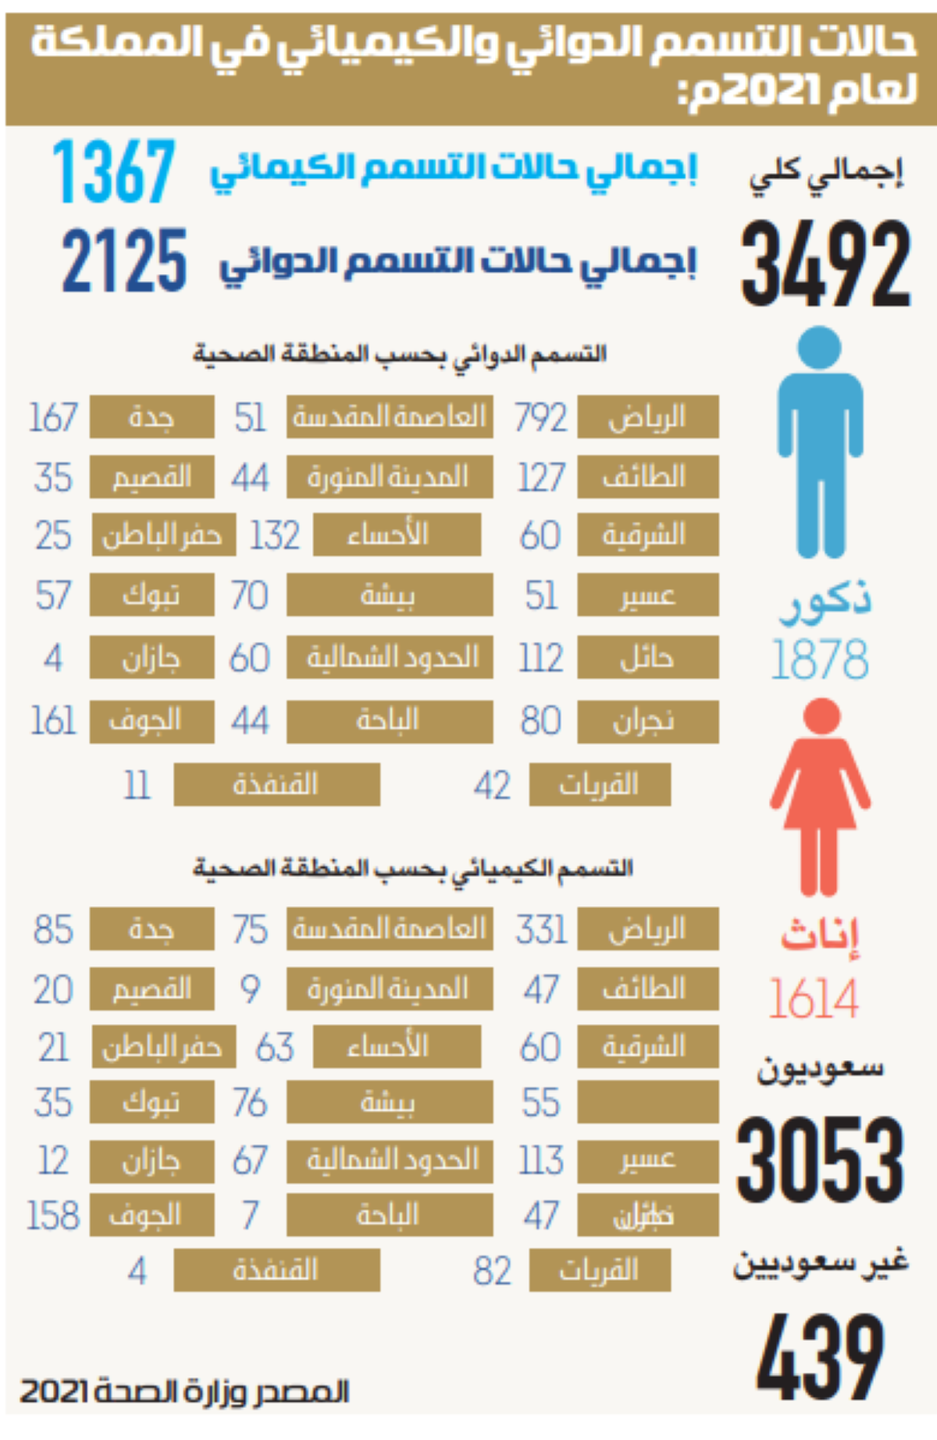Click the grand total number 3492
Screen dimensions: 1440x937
(x=825, y=264)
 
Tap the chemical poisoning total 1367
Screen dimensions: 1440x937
(x=114, y=171)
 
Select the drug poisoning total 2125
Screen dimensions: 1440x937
(x=125, y=261)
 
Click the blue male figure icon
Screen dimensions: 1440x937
(x=820, y=441)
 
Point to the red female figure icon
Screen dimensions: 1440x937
(x=820, y=797)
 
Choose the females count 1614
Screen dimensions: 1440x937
(x=814, y=998)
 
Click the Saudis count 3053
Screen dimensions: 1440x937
(x=820, y=1160)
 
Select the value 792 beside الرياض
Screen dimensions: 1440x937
(x=540, y=418)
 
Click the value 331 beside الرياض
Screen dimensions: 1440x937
(x=540, y=930)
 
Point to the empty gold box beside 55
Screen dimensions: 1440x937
(x=647, y=1102)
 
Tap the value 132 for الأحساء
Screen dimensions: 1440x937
(x=274, y=536)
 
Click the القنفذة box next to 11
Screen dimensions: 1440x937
(x=276, y=784)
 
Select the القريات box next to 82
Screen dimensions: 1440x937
(x=599, y=1270)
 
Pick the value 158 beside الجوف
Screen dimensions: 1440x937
(x=53, y=1216)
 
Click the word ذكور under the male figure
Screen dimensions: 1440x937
(x=825, y=602)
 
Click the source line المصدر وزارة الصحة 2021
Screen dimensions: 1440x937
(x=184, y=1392)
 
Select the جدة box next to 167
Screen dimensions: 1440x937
(x=151, y=417)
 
